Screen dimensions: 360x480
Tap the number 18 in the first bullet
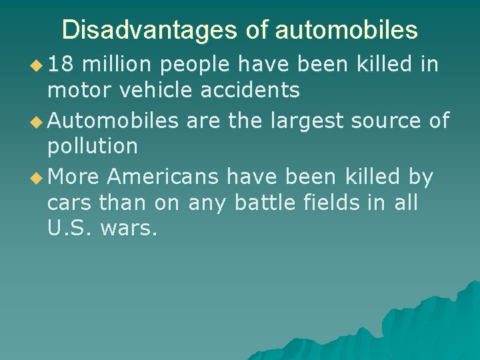(63, 65)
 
